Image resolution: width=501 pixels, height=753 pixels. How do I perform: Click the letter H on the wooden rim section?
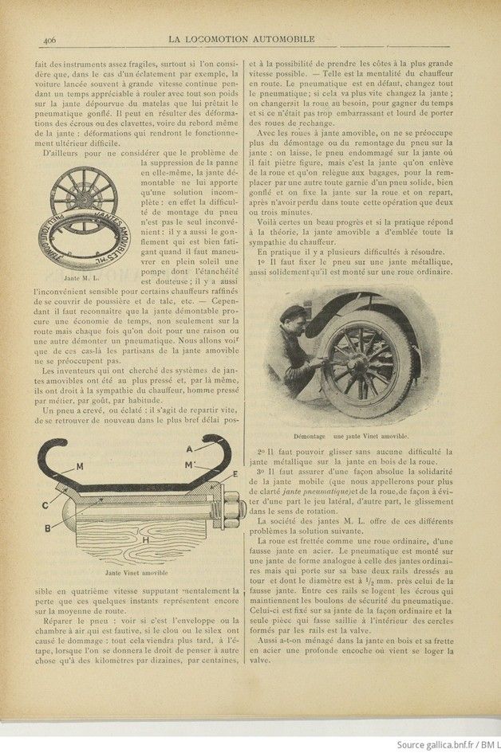[144, 539]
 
